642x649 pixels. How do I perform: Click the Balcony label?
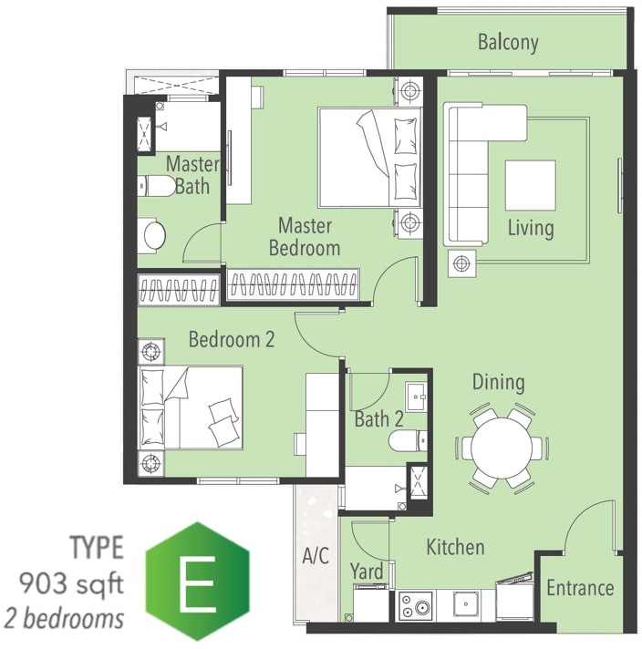[508, 43]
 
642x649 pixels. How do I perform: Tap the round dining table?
[502, 448]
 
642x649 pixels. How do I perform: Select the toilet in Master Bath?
[156, 186]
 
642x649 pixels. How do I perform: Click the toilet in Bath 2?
[408, 441]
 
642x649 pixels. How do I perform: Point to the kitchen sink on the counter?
[466, 604]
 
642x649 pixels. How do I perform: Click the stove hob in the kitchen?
[416, 605]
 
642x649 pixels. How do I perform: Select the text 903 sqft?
[71, 584]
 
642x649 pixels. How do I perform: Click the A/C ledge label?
[316, 555]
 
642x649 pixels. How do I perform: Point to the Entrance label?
[580, 588]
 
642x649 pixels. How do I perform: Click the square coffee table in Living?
[530, 186]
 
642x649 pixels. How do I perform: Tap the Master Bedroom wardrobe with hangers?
[293, 284]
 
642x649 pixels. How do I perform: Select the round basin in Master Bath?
[154, 235]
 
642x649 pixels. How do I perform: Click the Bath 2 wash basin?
[416, 397]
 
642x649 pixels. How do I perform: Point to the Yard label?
[367, 572]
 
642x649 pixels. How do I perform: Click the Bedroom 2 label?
[232, 339]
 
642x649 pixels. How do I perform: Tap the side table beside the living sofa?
[461, 263]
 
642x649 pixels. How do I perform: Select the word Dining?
[498, 383]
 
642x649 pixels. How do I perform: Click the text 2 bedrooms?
[64, 619]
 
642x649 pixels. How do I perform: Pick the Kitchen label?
[455, 547]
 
